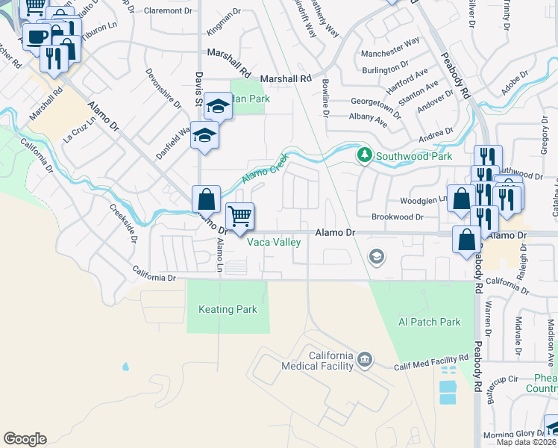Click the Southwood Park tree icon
click(365, 155)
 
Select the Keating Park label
click(228, 309)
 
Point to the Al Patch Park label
click(430, 322)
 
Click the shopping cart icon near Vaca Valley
click(239, 217)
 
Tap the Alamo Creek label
click(264, 171)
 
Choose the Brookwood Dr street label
click(398, 217)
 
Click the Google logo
click(25, 439)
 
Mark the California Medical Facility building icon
click(364, 360)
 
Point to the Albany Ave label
click(368, 118)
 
